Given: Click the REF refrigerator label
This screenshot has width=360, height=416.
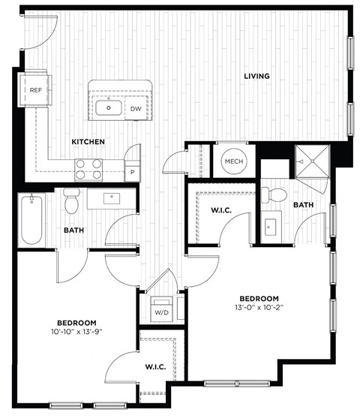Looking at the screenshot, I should (36, 90).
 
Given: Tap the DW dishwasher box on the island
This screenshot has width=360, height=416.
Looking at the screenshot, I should (136, 109).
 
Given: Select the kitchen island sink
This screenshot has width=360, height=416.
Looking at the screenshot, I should (109, 108).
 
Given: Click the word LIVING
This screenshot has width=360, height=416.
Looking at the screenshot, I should (256, 76).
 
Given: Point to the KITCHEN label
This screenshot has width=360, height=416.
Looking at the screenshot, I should (88, 142).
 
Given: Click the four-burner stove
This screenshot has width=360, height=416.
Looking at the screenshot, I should (88, 169).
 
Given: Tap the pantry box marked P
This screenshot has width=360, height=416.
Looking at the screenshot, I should (133, 172).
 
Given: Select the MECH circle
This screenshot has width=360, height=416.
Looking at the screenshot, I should (233, 162).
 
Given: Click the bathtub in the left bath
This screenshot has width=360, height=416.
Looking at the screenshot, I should (31, 218).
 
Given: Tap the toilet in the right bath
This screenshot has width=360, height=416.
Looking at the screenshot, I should (277, 195).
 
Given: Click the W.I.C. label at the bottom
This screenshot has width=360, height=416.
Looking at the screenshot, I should (155, 367).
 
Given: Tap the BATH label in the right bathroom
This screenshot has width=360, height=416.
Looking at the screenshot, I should (304, 205).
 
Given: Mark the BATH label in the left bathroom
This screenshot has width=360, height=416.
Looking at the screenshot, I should (73, 231).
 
